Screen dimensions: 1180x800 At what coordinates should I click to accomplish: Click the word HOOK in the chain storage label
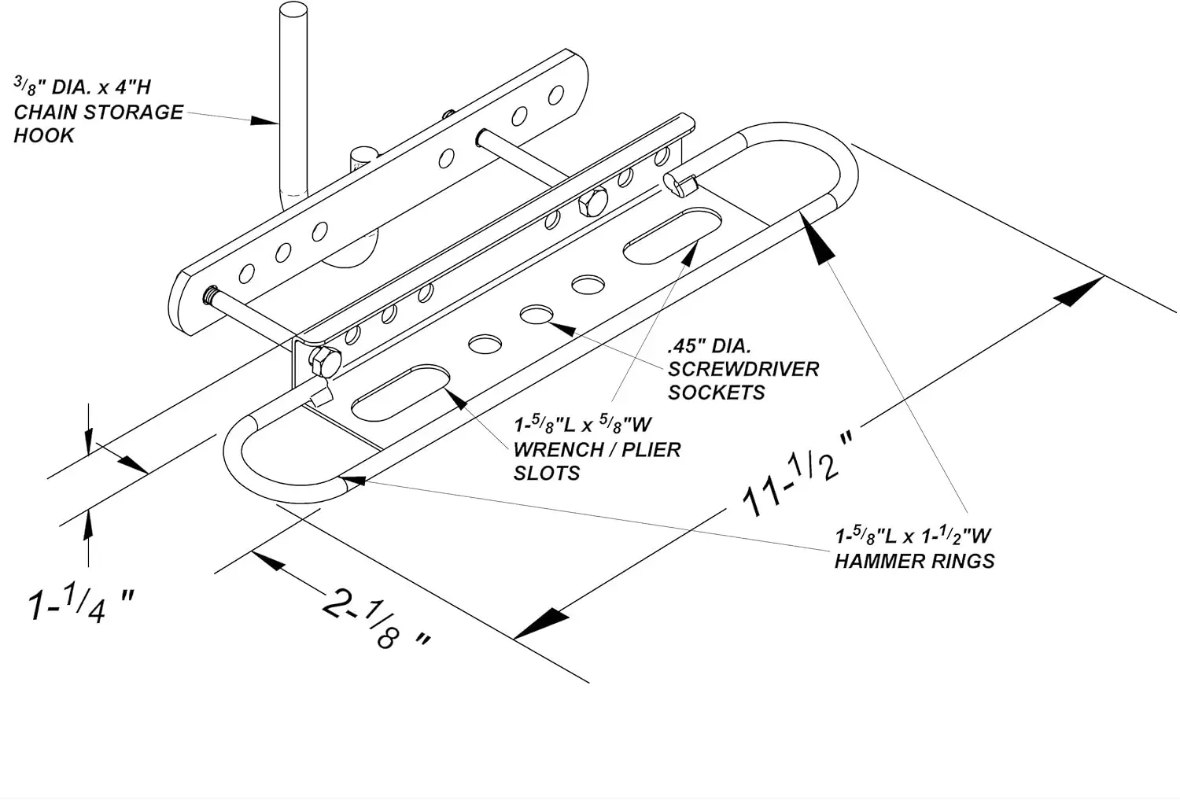coord(44,136)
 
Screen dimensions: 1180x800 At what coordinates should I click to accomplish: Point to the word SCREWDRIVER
coord(743,369)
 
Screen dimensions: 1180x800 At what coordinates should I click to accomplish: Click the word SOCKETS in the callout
coord(717,393)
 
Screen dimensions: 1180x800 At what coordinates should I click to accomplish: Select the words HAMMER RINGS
coord(914,562)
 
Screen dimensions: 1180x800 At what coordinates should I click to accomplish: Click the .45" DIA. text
coord(709,346)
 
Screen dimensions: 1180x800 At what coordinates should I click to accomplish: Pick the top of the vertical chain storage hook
coord(293,9)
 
